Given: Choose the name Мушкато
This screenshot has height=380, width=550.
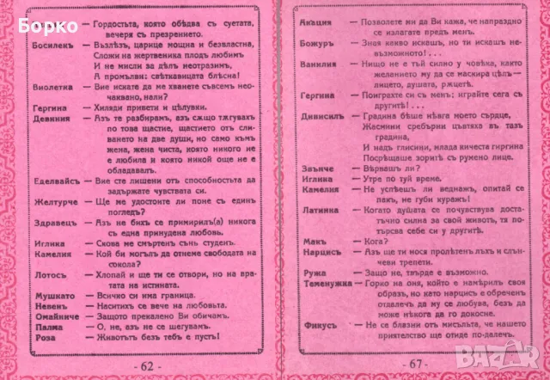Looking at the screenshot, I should click(x=52, y=295).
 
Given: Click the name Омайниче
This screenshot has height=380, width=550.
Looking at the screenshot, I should click(x=54, y=316).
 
